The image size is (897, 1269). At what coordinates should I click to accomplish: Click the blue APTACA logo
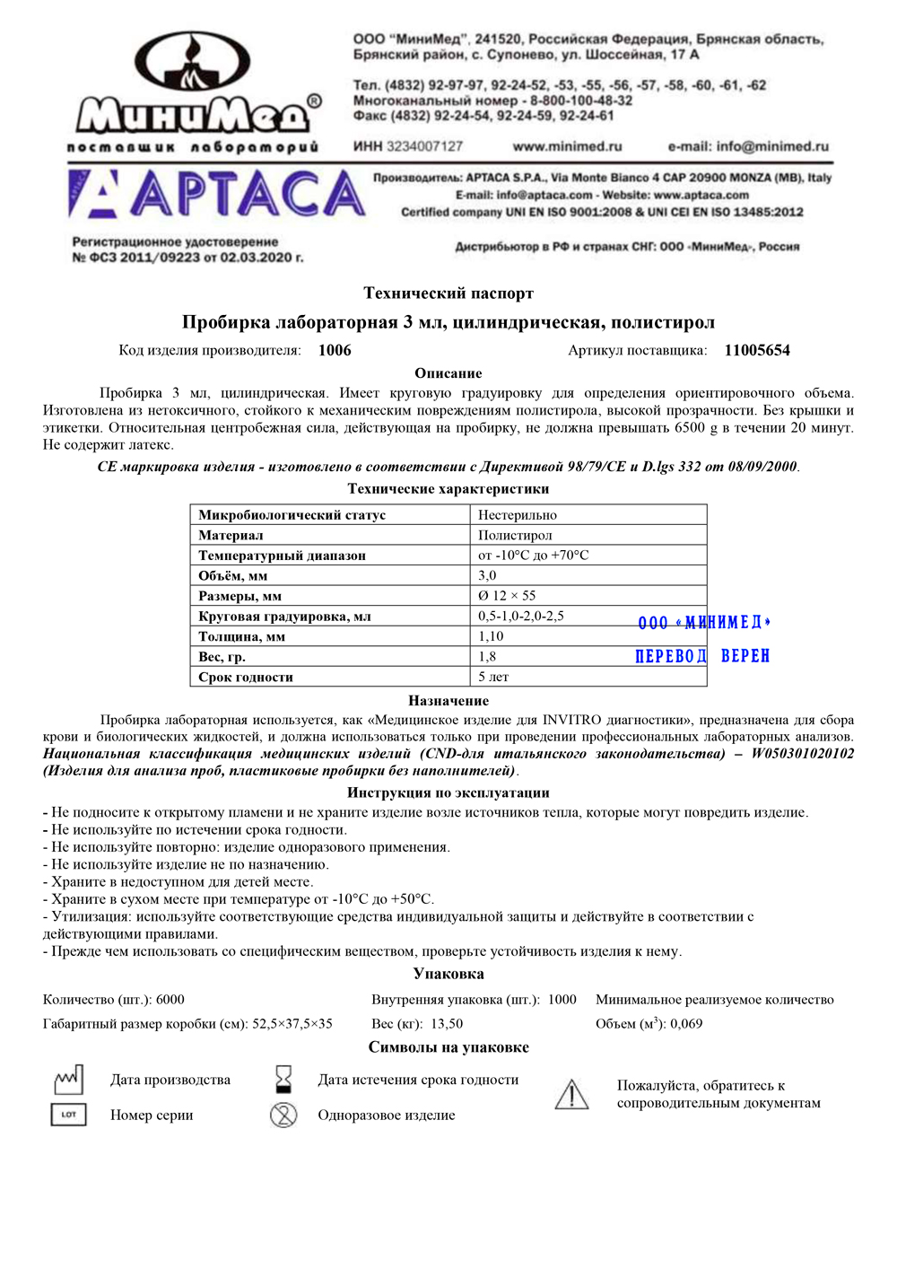tap(217, 195)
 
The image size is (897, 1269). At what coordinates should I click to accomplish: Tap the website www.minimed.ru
tap(567, 146)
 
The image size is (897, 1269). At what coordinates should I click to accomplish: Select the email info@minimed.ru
tap(748, 146)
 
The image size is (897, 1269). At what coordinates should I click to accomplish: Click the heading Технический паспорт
tap(448, 293)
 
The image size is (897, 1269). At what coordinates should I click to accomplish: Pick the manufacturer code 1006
tap(335, 350)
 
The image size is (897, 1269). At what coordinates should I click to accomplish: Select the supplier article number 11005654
tap(757, 350)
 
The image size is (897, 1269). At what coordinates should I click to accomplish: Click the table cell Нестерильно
tap(518, 515)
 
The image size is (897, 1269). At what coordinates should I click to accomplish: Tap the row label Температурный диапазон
tap(282, 556)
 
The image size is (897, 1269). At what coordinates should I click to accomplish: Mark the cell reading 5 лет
tap(493, 677)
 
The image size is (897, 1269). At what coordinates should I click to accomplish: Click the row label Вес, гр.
tap(222, 657)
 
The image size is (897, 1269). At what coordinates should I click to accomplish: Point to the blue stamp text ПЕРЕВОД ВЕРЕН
tap(702, 656)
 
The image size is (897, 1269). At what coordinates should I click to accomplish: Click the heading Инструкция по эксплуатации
tap(448, 792)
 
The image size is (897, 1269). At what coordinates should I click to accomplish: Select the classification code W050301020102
tap(802, 753)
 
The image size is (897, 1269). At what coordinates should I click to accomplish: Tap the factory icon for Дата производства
tap(68, 1080)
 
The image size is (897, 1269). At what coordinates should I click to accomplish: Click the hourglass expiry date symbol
tap(283, 1079)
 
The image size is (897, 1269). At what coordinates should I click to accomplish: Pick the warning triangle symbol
tap(571, 1094)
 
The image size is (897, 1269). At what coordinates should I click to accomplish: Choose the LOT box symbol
tap(69, 1115)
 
